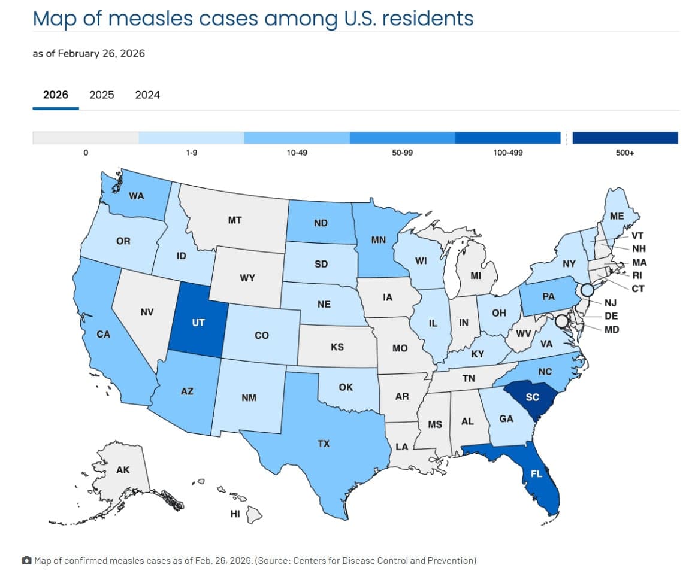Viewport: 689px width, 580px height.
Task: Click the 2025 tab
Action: (101, 95)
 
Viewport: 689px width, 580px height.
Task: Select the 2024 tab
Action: (147, 95)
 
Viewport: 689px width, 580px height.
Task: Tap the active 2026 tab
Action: (56, 95)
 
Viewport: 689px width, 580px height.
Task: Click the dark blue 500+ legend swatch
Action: (625, 138)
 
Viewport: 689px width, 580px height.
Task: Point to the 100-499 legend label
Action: (507, 153)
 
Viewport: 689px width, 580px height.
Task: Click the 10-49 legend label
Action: (297, 153)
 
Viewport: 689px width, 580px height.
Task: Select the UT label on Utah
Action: (198, 323)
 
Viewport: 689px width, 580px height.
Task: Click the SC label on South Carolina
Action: (532, 397)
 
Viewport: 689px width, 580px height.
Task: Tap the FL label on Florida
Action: (536, 473)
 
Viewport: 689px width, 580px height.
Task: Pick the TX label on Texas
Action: (324, 444)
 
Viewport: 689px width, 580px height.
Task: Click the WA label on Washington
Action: (137, 196)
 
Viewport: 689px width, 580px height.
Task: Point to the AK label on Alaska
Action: (123, 470)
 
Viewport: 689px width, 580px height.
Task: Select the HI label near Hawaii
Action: (235, 513)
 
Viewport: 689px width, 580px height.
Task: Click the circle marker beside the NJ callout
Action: (587, 290)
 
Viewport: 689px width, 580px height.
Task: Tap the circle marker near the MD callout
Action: (561, 321)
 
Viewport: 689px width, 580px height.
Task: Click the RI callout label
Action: (637, 276)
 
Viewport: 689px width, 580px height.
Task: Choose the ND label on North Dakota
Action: (321, 223)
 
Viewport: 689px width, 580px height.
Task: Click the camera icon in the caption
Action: (26, 561)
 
